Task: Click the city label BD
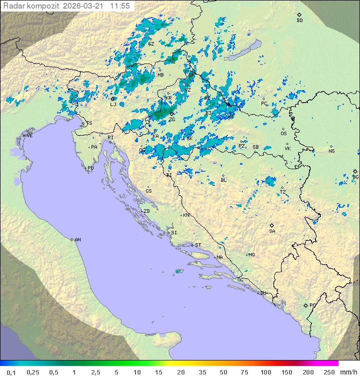pyautogui.click(x=299, y=21)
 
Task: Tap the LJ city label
pyautogui.click(x=113, y=104)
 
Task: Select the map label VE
pyautogui.click(x=29, y=136)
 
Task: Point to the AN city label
pyautogui.click(x=77, y=240)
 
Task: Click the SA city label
pyautogui.click(x=272, y=231)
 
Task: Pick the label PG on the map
pyautogui.click(x=312, y=305)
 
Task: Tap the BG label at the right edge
pyautogui.click(x=355, y=177)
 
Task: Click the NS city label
pyautogui.click(x=331, y=151)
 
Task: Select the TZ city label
pyautogui.click(x=283, y=192)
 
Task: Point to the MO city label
pyautogui.click(x=251, y=255)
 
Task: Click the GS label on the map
pyautogui.click(x=148, y=191)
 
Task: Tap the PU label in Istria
pyautogui.click(x=90, y=168)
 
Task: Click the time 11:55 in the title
pyautogui.click(x=120, y=6)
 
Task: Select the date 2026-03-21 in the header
pyautogui.click(x=85, y=6)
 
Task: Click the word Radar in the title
pyautogui.click(x=13, y=6)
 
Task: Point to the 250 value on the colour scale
pyautogui.click(x=329, y=372)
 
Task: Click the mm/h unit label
pyautogui.click(x=348, y=372)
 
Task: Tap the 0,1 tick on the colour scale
pyautogui.click(x=11, y=372)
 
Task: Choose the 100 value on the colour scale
pyautogui.click(x=265, y=372)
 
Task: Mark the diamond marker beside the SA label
pyautogui.click(x=272, y=225)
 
